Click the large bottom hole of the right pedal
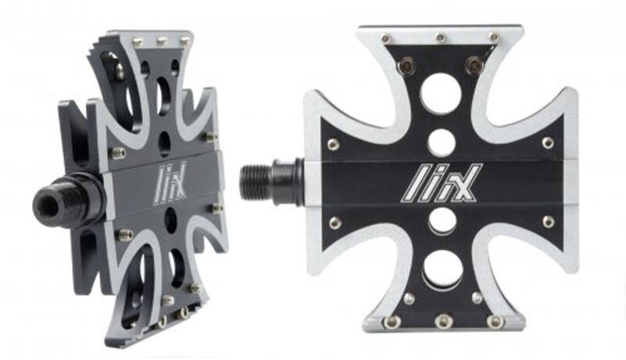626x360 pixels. coord(441,270)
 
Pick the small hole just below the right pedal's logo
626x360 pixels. coord(441,221)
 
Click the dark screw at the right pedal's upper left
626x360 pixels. coord(405,67)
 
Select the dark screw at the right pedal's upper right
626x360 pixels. coord(474,66)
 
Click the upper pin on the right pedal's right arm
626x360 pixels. coord(548,143)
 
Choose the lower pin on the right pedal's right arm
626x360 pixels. coord(548,222)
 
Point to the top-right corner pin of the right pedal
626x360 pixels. coord(494,37)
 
